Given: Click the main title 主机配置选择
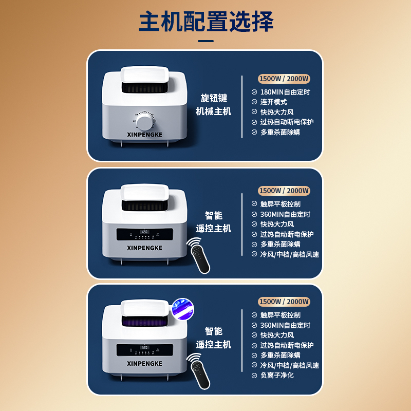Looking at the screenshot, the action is coord(206,22).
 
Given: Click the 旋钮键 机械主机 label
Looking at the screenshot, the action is coord(213,105).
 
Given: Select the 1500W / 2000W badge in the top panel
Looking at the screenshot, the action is coord(284,79).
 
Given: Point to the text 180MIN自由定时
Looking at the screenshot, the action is coord(285,92).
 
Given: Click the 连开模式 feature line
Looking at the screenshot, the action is coord(273,102).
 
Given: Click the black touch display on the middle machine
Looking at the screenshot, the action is coord(145,234).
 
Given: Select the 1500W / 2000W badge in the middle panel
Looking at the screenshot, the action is coord(284,191).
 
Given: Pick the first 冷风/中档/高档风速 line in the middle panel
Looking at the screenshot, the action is coord(289,254).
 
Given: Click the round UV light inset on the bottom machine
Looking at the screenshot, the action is coord(183,309).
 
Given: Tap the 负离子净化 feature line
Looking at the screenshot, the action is coord(277,375).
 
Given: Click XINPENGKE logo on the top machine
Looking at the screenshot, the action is coord(145,135).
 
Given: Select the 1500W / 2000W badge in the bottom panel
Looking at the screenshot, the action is coord(284,302).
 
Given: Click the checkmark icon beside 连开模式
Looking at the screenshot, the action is coord(254,102).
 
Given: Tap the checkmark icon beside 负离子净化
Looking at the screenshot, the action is coord(254,376).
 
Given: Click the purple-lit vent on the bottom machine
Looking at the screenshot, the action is coord(145,321).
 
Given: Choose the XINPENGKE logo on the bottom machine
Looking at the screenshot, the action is coord(145,364).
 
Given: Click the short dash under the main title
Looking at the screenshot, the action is coord(206,41).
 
